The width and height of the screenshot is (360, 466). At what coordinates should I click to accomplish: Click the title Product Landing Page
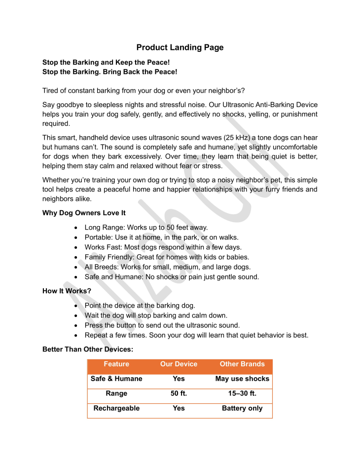coord(180,47)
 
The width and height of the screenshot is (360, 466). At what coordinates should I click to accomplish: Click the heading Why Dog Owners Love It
coord(84,213)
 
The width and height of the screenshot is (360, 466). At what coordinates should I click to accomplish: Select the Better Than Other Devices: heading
coord(88,349)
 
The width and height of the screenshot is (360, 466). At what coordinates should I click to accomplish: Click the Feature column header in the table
coord(116,364)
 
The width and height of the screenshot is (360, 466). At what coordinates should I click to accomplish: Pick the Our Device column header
coord(179,364)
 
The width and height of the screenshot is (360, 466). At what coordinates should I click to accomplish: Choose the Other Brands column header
coord(242,364)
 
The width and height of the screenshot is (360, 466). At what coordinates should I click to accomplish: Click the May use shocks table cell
coord(242,379)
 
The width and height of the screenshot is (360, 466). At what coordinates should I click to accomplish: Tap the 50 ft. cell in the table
coord(179,394)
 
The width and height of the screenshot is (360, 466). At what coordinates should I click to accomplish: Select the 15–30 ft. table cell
coord(242,394)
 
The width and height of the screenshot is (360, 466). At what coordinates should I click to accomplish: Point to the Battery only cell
coord(242,409)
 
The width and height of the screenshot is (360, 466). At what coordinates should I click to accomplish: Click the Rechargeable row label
coord(116,409)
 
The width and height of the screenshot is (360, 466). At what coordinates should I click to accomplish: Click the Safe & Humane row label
coord(116,379)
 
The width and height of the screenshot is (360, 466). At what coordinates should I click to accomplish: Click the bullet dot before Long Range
coord(75,228)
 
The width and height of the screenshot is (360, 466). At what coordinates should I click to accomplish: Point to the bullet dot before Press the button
coord(75,325)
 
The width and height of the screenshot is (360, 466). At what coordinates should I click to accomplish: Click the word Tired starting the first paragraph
coord(51,90)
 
